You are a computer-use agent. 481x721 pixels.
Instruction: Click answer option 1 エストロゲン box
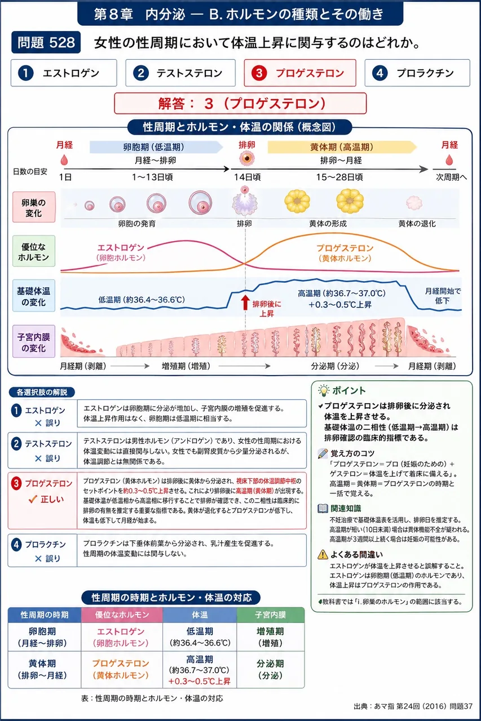click(x=64, y=73)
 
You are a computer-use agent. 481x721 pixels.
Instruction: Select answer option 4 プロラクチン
click(x=417, y=73)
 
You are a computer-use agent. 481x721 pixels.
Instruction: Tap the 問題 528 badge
click(x=46, y=42)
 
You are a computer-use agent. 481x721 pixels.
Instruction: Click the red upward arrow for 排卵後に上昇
click(x=245, y=302)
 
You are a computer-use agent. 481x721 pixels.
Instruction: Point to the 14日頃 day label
click(x=247, y=177)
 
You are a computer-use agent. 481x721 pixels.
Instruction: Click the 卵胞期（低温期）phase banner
click(x=156, y=147)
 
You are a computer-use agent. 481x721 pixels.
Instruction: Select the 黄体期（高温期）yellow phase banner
click(x=342, y=147)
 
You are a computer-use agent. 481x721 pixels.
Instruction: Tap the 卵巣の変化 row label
click(x=34, y=207)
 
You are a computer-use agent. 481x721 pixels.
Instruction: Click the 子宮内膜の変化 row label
click(x=34, y=341)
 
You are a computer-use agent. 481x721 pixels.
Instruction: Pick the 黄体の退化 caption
click(x=417, y=224)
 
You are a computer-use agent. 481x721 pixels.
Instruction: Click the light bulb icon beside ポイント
click(x=324, y=390)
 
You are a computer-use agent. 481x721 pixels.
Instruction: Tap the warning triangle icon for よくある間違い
click(x=323, y=554)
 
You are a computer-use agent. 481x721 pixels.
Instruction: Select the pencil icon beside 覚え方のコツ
click(x=323, y=453)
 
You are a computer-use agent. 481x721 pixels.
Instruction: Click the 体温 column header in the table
click(x=200, y=615)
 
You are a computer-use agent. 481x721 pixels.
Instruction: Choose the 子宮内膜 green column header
click(x=271, y=615)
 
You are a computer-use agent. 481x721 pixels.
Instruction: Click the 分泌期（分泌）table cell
click(x=271, y=670)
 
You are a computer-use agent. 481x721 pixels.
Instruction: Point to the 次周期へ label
click(x=451, y=177)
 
